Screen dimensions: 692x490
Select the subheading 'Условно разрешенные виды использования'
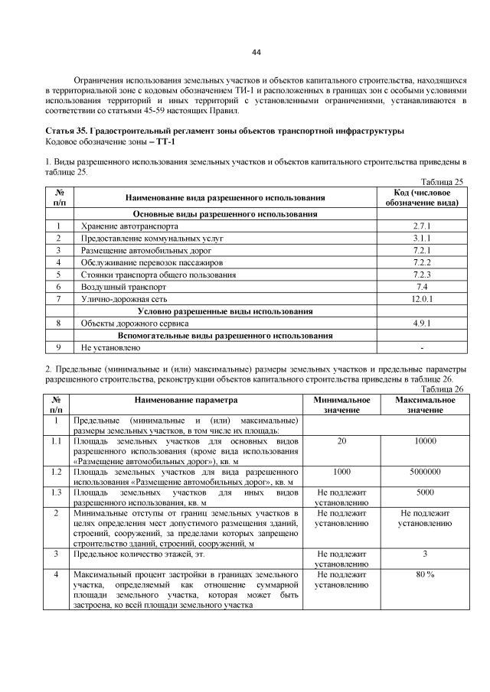(x=225, y=310)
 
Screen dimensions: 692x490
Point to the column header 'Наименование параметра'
(x=186, y=399)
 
